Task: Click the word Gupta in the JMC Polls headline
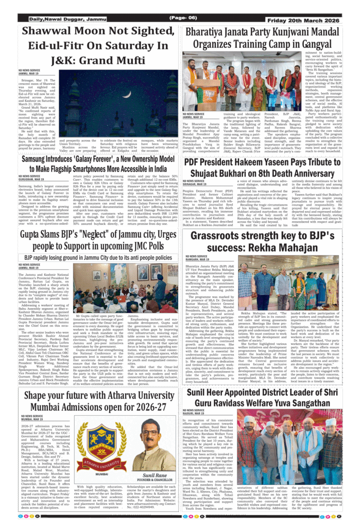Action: pos(35,235)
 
